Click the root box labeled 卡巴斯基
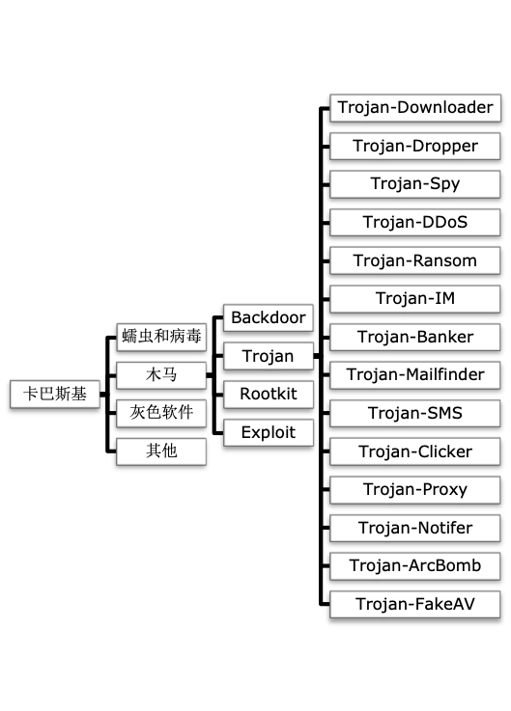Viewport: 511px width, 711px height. click(x=54, y=394)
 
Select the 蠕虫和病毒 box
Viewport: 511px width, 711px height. click(x=161, y=337)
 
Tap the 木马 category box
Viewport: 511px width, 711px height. click(x=161, y=374)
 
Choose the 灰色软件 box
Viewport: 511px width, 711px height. click(x=161, y=413)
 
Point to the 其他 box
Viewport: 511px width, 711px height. click(x=161, y=451)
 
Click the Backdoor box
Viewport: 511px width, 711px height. click(x=268, y=317)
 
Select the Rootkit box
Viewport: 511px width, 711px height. click(x=268, y=394)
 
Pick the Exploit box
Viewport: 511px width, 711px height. click(x=268, y=431)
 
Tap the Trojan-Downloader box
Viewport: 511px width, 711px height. click(x=415, y=108)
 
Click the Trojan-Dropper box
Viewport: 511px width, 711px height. click(x=415, y=146)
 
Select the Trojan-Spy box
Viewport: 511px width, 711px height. click(x=415, y=184)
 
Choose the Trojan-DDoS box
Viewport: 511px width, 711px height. click(x=415, y=222)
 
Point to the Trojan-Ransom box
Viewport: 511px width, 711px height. click(x=415, y=260)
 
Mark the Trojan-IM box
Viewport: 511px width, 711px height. click(x=415, y=298)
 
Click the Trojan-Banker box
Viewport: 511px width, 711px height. click(x=415, y=337)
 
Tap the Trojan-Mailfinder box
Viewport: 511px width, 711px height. click(x=415, y=374)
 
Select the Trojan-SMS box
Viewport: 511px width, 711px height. click(x=415, y=413)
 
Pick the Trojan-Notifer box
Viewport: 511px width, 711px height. click(x=415, y=528)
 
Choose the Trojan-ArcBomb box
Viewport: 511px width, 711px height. click(x=415, y=565)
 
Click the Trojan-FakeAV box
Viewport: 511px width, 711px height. click(x=415, y=604)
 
